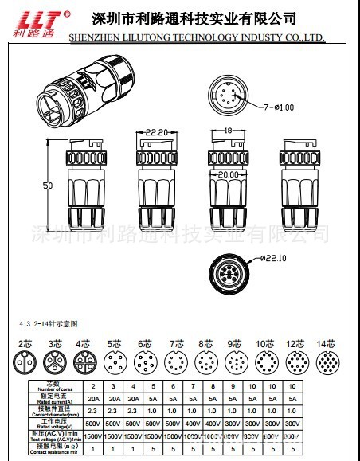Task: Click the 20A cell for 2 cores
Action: (x=92, y=398)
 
